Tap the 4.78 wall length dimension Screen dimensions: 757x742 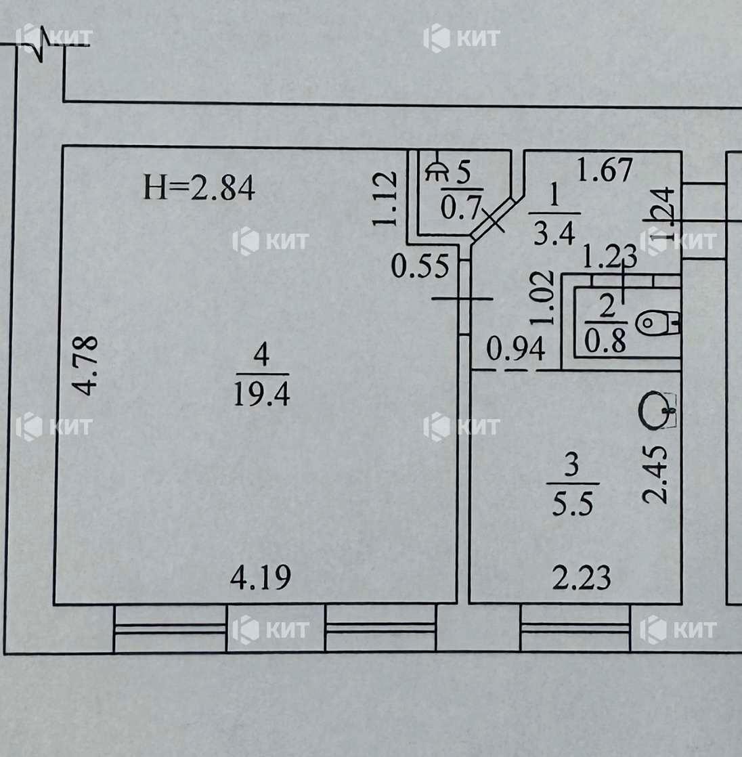coord(87,366)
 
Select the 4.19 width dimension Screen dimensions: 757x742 coord(261,578)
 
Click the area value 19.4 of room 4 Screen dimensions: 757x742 coord(261,393)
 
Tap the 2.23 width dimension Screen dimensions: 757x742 coord(580,578)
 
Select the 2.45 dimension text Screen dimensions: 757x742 coord(655,473)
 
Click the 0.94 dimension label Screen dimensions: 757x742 coord(516,349)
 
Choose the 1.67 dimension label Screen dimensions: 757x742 coord(604,169)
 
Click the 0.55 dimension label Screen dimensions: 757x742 coord(420,266)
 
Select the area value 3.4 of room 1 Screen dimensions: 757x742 coord(554,235)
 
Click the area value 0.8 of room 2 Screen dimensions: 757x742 coord(605,341)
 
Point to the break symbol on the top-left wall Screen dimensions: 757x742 coord(42,45)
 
